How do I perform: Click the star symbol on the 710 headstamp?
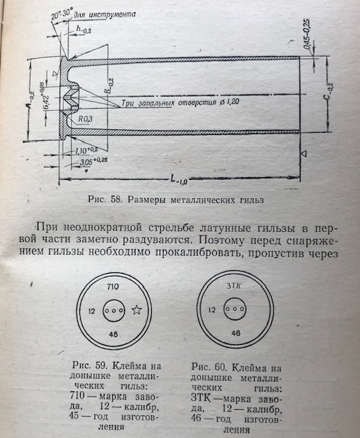137,310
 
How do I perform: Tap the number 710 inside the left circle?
113,287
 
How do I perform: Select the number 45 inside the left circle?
114,334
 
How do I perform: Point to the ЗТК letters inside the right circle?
233,286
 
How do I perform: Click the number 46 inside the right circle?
236,333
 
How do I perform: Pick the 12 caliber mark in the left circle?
92,311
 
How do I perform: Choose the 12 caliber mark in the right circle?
212,310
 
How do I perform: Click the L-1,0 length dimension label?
179,179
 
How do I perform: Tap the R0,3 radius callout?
85,119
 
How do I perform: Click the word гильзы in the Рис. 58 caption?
251,200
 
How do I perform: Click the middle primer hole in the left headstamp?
114,310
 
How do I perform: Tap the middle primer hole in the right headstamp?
235,309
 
